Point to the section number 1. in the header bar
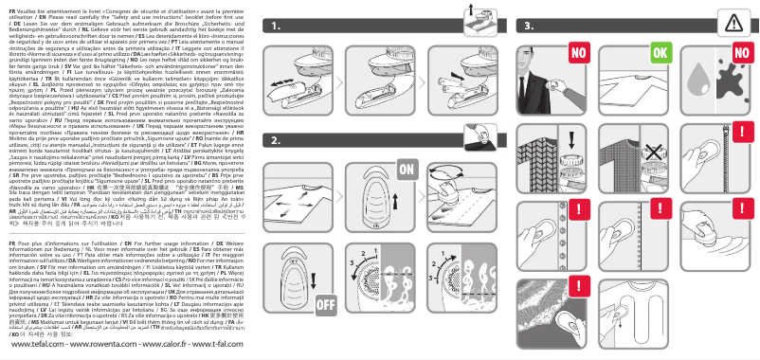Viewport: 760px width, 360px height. (274, 27)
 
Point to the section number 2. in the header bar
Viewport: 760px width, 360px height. (274, 140)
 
